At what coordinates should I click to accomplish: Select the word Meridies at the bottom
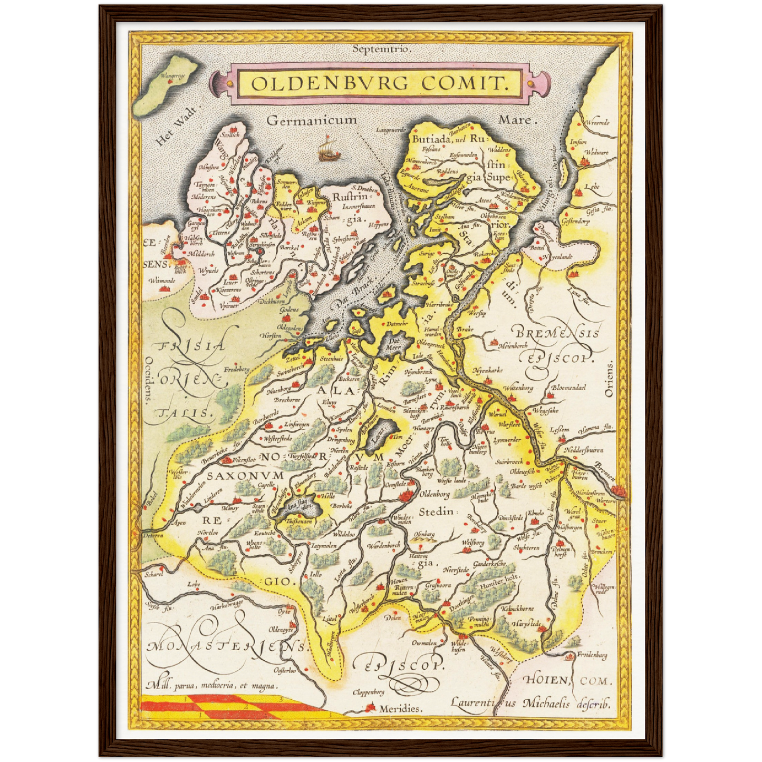click(400, 709)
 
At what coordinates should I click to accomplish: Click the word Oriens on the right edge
click(610, 379)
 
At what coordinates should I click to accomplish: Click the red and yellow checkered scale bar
click(232, 707)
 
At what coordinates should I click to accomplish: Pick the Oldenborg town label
click(434, 495)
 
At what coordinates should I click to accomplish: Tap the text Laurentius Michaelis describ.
click(529, 703)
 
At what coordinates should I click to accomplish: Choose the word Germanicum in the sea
click(312, 120)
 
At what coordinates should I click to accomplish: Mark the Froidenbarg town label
click(592, 655)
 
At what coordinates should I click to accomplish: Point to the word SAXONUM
click(245, 475)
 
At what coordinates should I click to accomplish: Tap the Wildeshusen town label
click(458, 647)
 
